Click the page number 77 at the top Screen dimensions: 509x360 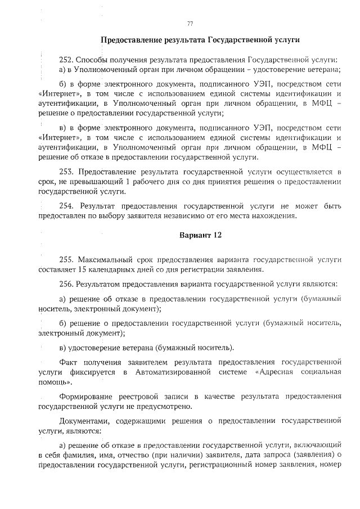(x=190, y=23)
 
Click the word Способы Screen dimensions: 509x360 (x=93, y=60)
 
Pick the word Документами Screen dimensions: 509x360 (x=85, y=420)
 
